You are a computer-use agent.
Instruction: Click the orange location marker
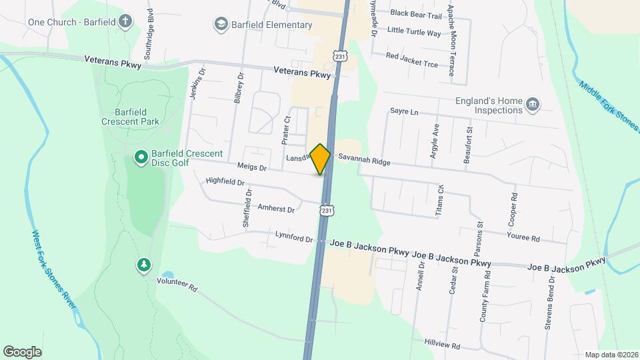pyautogui.click(x=321, y=159)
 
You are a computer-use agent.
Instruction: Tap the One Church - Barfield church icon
pyautogui.click(x=125, y=21)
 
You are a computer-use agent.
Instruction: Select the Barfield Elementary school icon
pyautogui.click(x=220, y=25)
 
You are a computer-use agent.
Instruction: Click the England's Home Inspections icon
pyautogui.click(x=532, y=103)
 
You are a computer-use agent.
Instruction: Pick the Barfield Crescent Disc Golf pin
pyautogui.click(x=141, y=157)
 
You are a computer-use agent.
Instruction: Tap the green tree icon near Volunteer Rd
pyautogui.click(x=143, y=265)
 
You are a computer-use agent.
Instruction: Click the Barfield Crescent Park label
pyautogui.click(x=131, y=117)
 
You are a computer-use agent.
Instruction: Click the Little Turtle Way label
pyautogui.click(x=414, y=32)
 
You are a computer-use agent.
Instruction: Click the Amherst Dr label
pyautogui.click(x=276, y=209)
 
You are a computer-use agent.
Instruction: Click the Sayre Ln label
pyautogui.click(x=404, y=112)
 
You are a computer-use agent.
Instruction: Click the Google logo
pyautogui.click(x=22, y=351)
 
